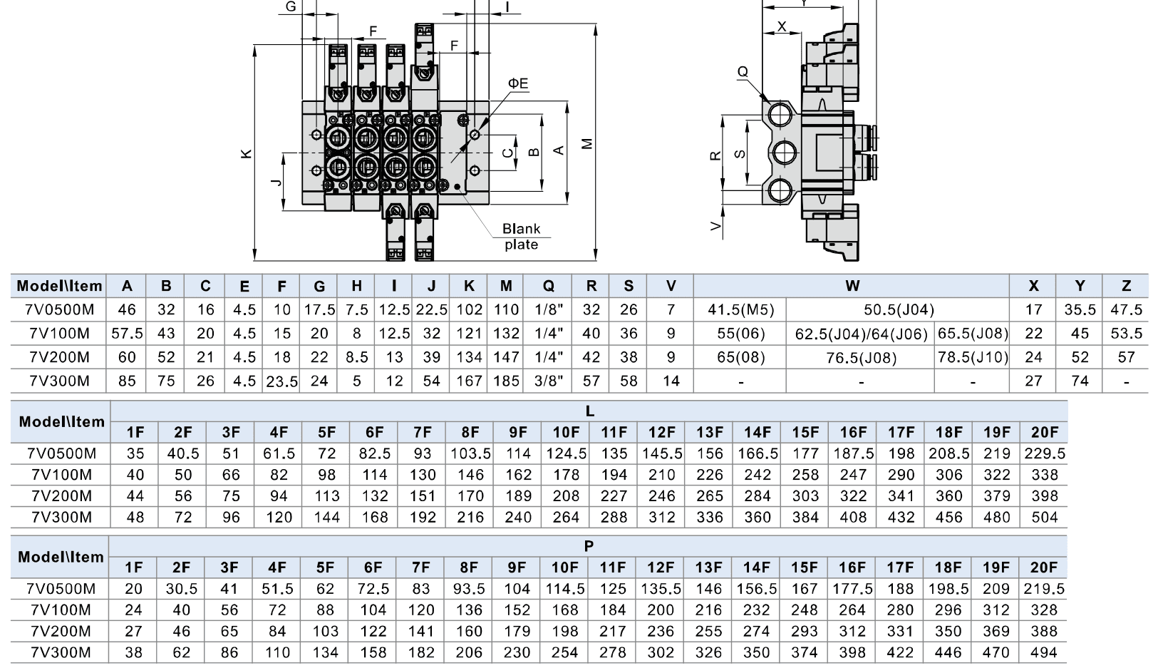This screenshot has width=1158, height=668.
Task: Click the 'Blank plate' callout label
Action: (x=521, y=236)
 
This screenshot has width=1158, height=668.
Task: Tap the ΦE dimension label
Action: (x=518, y=83)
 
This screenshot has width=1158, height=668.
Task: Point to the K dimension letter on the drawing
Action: (x=247, y=153)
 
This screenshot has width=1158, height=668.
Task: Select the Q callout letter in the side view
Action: (x=743, y=71)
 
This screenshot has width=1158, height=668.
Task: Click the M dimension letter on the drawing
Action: (x=586, y=144)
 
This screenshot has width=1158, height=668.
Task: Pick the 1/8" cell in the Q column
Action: (x=548, y=309)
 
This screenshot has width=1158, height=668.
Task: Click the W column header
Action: (x=852, y=286)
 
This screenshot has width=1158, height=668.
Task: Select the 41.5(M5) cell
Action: (x=741, y=309)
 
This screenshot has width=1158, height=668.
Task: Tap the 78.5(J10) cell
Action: (x=973, y=357)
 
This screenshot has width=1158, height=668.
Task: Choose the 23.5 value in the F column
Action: (x=281, y=381)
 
